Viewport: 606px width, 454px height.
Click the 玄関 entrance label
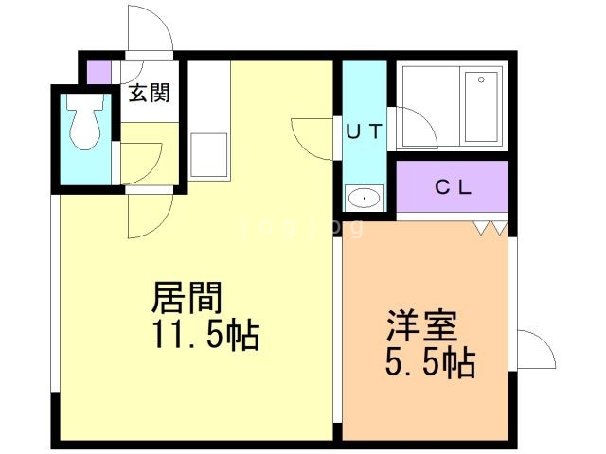click(149, 93)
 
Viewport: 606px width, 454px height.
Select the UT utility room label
click(364, 132)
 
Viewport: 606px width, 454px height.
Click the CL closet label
click(453, 186)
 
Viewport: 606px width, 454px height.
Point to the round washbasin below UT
click(364, 198)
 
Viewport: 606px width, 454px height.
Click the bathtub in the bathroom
click(484, 106)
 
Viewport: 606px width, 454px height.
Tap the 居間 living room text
click(188, 300)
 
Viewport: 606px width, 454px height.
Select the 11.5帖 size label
click(204, 336)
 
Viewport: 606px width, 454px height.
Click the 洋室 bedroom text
click(421, 326)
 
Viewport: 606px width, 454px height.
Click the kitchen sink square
click(208, 155)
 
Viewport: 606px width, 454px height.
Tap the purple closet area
click(453, 186)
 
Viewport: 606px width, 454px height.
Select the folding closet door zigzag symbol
click(490, 227)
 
